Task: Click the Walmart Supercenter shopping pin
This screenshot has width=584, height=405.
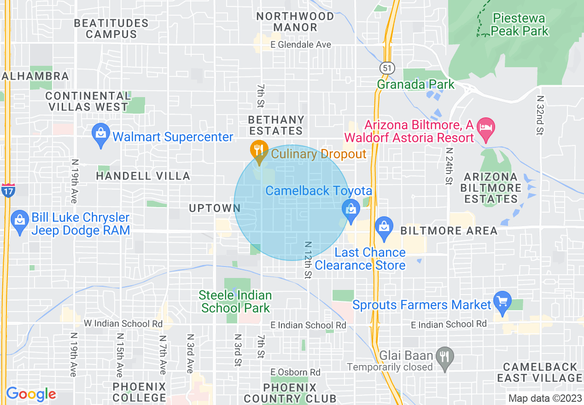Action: (100, 134)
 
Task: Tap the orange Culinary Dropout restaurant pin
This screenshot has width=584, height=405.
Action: (259, 150)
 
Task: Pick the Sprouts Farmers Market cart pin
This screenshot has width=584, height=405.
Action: (502, 301)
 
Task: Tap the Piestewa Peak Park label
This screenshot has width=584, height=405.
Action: (520, 25)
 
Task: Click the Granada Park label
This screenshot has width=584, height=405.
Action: (415, 85)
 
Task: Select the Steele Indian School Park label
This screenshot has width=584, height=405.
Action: (236, 301)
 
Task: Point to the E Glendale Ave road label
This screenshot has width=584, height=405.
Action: (298, 45)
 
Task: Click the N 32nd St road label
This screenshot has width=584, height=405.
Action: (540, 115)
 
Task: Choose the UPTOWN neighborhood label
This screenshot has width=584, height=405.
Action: (214, 208)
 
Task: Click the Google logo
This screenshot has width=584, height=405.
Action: (31, 394)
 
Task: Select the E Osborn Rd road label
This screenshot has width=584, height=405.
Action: (295, 372)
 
